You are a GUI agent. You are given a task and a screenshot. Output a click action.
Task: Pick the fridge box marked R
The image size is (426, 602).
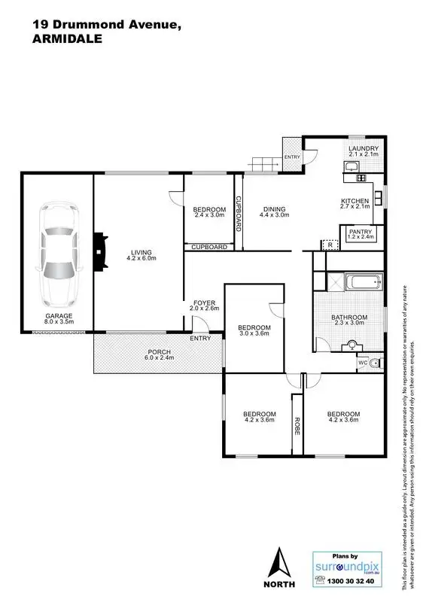tap(328, 245)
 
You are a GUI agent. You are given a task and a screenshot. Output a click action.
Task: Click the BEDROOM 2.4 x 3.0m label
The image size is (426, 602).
tap(209, 212)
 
